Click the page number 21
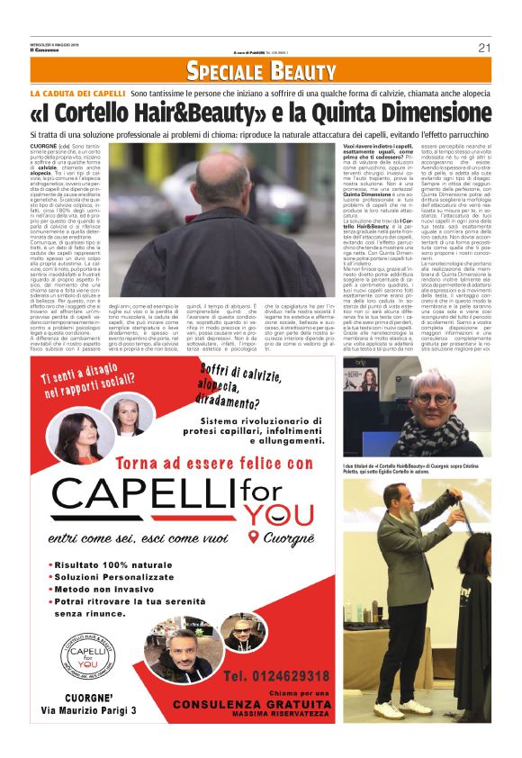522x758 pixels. [483, 47]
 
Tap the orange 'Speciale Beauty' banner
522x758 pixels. [261, 70]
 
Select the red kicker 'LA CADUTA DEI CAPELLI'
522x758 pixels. [77, 94]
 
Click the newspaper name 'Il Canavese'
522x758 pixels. [44, 50]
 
